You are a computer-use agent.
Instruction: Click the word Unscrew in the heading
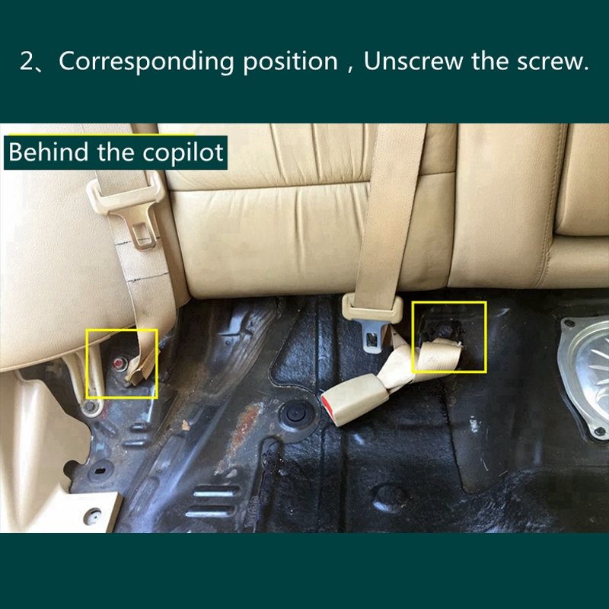[413, 61]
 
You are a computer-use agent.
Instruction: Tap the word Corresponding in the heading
[146, 62]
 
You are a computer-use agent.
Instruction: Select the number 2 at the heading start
[27, 61]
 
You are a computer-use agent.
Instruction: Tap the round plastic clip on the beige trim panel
[92, 516]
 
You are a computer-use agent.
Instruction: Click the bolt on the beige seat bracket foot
[90, 407]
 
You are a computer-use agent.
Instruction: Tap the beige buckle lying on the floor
[355, 399]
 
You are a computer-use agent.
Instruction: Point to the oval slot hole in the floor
[100, 471]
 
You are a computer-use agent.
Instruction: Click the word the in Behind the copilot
[116, 151]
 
